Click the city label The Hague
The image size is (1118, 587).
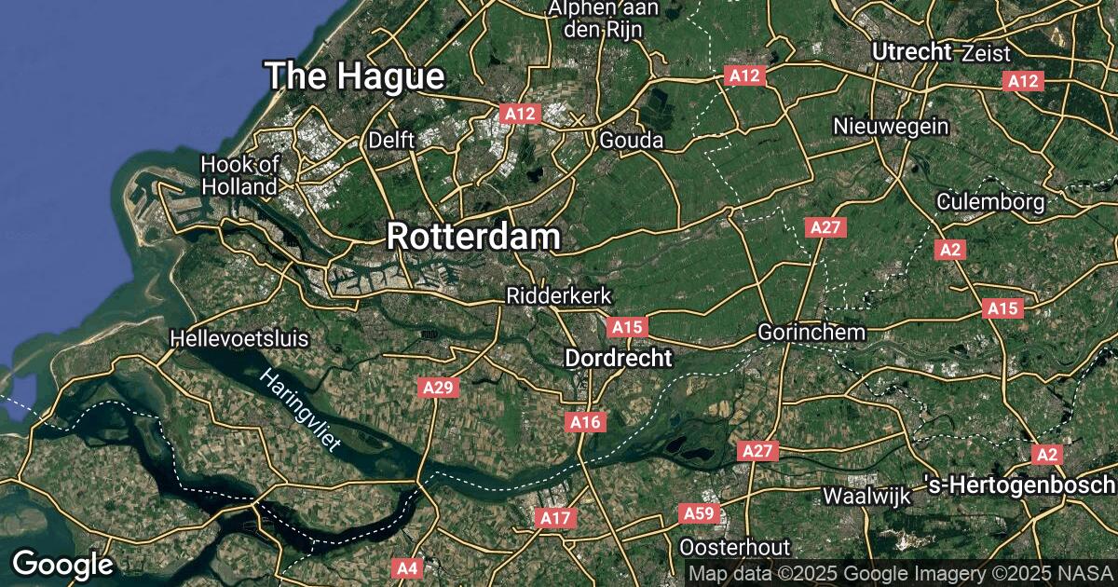pyautogui.click(x=354, y=75)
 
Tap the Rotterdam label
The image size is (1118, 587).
pyautogui.click(x=473, y=236)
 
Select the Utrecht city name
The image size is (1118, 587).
pyautogui.click(x=911, y=52)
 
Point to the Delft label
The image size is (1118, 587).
pyautogui.click(x=391, y=140)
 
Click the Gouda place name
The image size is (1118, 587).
pyautogui.click(x=631, y=140)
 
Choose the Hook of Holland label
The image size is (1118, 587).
pyautogui.click(x=239, y=175)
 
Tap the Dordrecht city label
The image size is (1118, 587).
pyautogui.click(x=619, y=358)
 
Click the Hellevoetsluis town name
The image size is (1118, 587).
pyautogui.click(x=239, y=338)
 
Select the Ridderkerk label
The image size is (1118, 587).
pyautogui.click(x=558, y=295)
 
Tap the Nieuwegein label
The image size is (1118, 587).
pyautogui.click(x=891, y=126)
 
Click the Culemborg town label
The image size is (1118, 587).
pyautogui.click(x=991, y=201)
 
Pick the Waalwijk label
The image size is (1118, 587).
pyautogui.click(x=866, y=497)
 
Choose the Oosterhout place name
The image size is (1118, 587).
pyautogui.click(x=735, y=547)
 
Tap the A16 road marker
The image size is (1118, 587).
pyautogui.click(x=585, y=422)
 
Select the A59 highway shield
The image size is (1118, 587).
pyautogui.click(x=699, y=513)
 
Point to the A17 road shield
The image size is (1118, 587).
pyautogui.click(x=555, y=517)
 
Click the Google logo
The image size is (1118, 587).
pyautogui.click(x=62, y=565)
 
